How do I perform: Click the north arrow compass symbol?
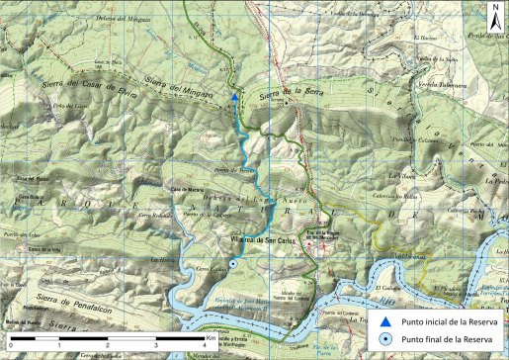click(x=495, y=14)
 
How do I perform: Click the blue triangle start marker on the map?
click(x=233, y=97)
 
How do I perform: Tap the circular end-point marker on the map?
click(x=232, y=265)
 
